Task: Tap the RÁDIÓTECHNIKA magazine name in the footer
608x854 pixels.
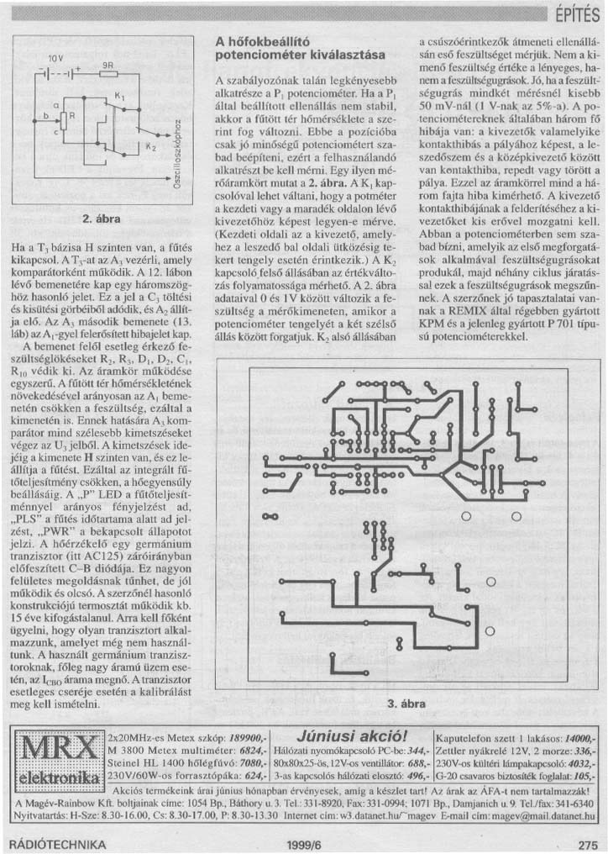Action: [x=58, y=845]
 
